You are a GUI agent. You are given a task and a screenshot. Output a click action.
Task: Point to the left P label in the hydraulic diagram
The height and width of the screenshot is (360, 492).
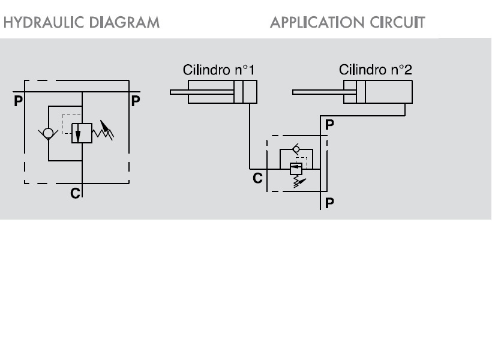pos(18,101)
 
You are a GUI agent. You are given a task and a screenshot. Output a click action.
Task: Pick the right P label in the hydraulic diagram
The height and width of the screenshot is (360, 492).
pos(136,101)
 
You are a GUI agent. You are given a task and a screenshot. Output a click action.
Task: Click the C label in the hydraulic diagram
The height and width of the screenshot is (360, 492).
pos(75,193)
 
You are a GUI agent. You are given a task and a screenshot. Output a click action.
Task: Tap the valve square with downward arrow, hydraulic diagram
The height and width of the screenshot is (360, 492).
pos(82,133)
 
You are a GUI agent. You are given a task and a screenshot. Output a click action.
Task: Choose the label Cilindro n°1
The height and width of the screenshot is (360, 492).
pos(219,70)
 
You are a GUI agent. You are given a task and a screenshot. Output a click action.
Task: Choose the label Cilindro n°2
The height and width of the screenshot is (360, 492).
pos(376,70)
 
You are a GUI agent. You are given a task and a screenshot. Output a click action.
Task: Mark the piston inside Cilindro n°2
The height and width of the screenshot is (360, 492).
pos(360,92)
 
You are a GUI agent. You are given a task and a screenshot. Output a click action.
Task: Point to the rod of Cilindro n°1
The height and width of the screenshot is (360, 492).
pos(202,92)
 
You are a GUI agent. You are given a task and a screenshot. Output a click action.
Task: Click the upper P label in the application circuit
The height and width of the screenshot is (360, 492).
pos(329,125)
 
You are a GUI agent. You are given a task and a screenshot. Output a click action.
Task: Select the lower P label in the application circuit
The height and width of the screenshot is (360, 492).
pos(329,203)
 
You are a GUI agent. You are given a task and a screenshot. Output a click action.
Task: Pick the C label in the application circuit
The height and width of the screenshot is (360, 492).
pos(257,178)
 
